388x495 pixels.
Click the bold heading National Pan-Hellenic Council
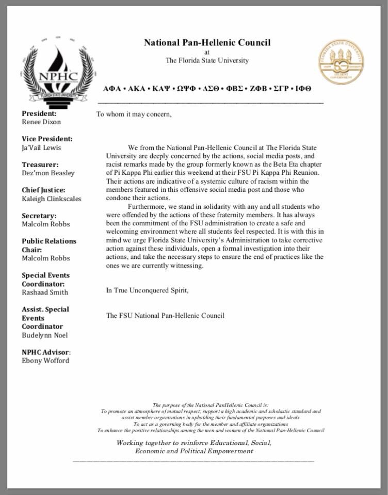point(207,43)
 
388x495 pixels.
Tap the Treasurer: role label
point(40,164)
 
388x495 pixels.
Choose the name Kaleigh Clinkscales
point(51,199)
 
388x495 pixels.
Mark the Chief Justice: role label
point(43,190)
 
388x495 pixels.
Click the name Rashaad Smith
point(44,292)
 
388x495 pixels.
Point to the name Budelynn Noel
point(44,335)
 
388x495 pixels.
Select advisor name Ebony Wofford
point(45,360)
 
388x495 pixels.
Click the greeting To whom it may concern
point(134,114)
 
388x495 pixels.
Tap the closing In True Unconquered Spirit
point(147,290)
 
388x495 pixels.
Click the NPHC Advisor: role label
point(46,352)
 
